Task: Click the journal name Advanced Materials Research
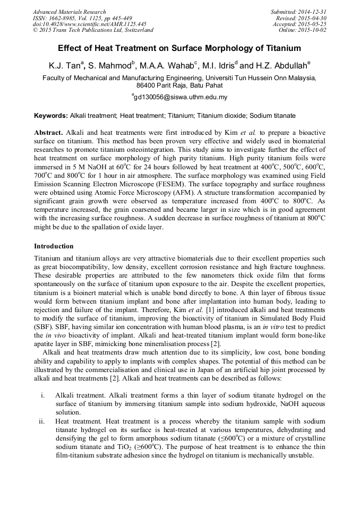(x=69, y=12)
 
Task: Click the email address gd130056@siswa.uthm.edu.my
(x=179, y=97)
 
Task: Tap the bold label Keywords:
(x=51, y=115)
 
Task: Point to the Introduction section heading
(x=54, y=246)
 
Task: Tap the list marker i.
(x=42, y=395)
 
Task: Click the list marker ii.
(x=42, y=421)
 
